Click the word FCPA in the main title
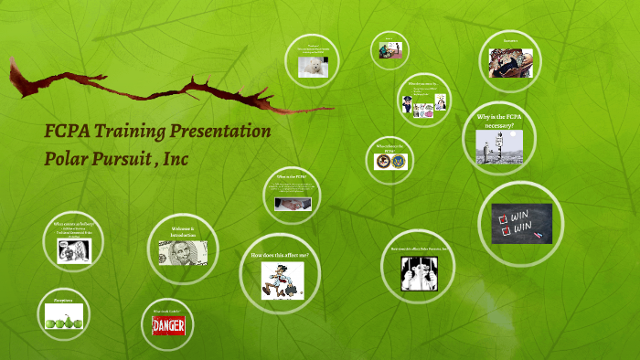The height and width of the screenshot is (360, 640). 68,131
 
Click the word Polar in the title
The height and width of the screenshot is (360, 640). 68,157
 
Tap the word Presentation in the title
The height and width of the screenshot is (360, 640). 220,131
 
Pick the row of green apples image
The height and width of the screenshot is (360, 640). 65,317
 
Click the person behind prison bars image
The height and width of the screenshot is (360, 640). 418,270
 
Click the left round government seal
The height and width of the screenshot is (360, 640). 382,162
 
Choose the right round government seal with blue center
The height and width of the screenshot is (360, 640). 400,162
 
